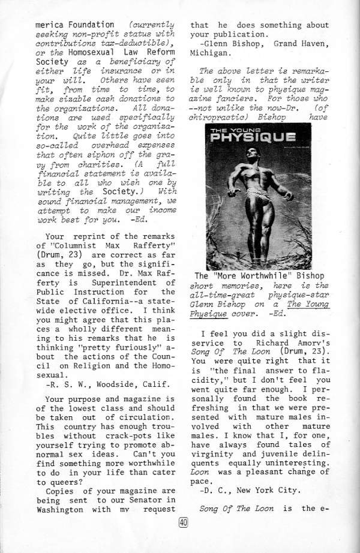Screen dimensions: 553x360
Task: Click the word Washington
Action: coord(59,510)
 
